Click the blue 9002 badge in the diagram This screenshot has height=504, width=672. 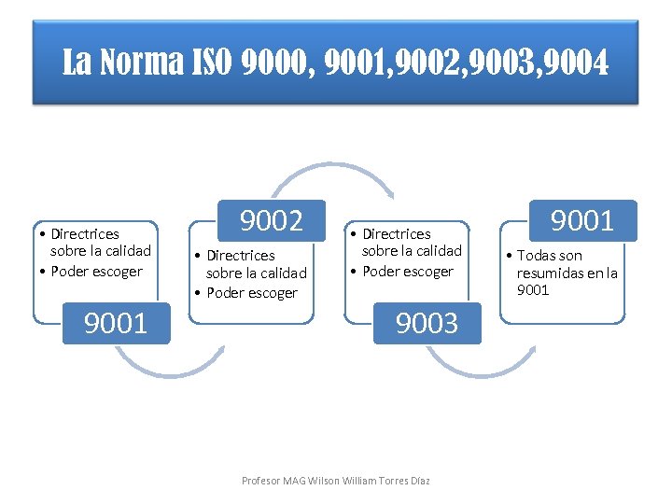[272, 220]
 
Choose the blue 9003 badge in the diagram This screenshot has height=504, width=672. [427, 323]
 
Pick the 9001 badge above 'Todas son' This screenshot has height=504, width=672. [582, 220]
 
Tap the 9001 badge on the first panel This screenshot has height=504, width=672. [116, 323]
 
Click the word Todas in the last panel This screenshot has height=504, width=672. [537, 256]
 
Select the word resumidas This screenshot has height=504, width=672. [550, 273]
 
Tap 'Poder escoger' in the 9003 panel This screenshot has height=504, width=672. [408, 272]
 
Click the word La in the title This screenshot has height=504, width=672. [77, 64]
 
